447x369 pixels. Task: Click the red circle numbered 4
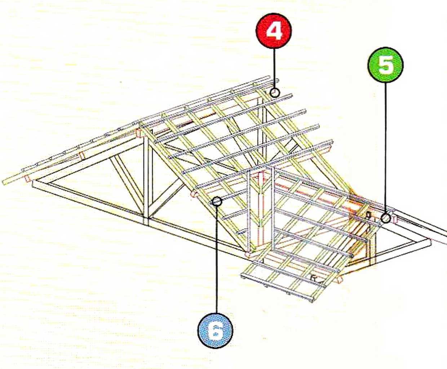point(274,31)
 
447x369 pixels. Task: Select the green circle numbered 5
point(386,65)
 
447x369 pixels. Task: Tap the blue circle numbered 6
point(215,330)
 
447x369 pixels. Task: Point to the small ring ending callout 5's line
point(386,218)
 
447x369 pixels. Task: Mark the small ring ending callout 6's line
point(217,201)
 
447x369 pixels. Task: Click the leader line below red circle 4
point(274,68)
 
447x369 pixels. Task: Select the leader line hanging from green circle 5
point(386,148)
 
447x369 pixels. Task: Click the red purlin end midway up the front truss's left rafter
point(82,155)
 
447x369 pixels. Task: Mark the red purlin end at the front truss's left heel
point(27,178)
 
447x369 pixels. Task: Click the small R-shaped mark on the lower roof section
point(314,279)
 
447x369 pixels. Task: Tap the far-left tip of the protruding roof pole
point(3,182)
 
